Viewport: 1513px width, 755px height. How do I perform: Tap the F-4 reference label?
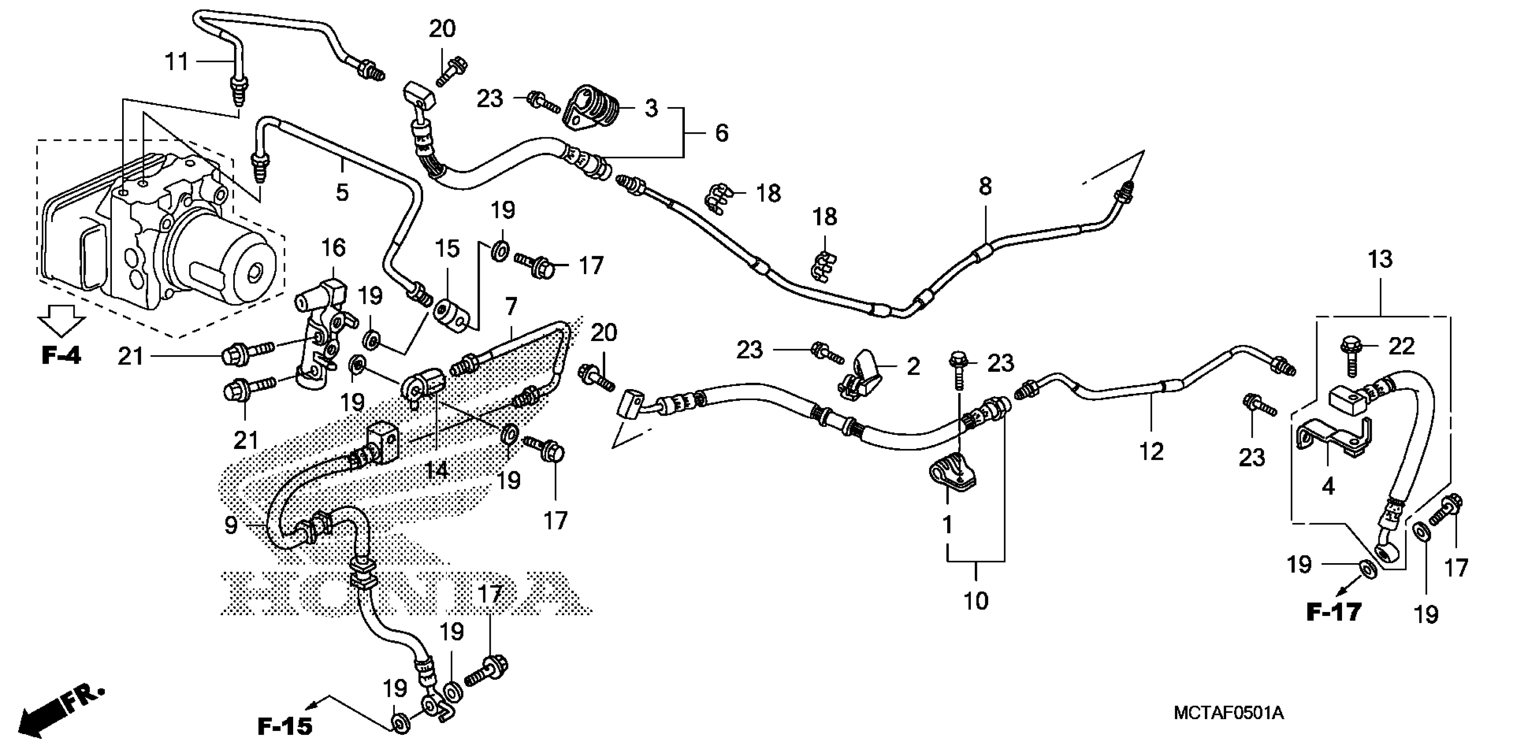pos(61,355)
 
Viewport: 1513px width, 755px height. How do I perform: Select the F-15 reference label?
pos(285,727)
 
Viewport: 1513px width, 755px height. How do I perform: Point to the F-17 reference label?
pos(1333,613)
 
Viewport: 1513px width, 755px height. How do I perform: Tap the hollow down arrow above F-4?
pos(61,322)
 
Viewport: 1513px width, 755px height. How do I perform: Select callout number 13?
pos(1380,259)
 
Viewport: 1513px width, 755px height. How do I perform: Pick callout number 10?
pos(976,601)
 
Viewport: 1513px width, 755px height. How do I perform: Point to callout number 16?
pos(333,248)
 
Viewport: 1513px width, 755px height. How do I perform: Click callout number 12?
pos(1151,451)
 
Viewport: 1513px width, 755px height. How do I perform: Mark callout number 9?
pos(231,525)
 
